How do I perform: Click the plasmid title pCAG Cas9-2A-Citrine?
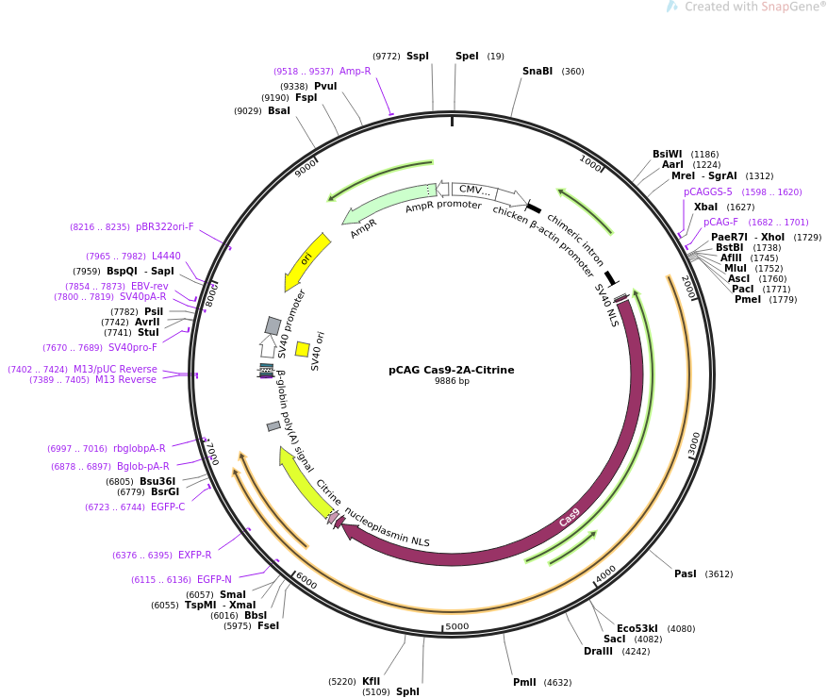[x=452, y=370]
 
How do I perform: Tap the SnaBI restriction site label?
[x=538, y=72]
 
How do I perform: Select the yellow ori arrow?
[x=306, y=260]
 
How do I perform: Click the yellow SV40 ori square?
[x=302, y=349]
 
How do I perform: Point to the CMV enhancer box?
[x=472, y=190]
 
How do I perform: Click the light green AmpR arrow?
[x=389, y=202]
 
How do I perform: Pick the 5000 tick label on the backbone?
[x=457, y=626]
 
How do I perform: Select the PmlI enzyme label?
[x=524, y=682]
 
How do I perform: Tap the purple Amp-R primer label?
[x=355, y=72]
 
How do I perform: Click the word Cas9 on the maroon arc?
[x=569, y=517]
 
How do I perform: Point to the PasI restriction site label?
[x=686, y=573]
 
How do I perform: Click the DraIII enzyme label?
[x=598, y=651]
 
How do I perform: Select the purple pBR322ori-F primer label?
[x=165, y=227]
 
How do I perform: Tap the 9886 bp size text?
[x=452, y=381]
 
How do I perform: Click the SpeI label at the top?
[x=467, y=56]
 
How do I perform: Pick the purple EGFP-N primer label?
[x=214, y=579]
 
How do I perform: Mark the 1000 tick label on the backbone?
[x=590, y=163]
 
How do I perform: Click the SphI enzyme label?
[x=407, y=691]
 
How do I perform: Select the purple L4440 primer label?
[x=166, y=256]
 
